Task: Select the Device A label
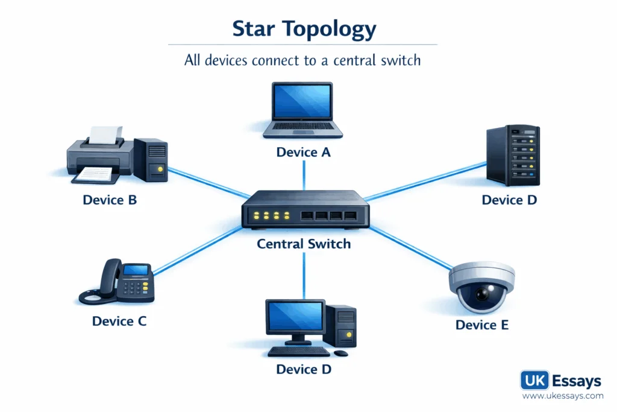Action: (303, 153)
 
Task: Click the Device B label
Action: (110, 200)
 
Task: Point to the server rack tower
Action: (513, 155)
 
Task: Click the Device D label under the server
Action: (509, 200)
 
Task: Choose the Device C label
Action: (119, 321)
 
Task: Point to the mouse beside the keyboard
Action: (341, 353)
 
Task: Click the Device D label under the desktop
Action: (303, 369)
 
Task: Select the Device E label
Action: (482, 325)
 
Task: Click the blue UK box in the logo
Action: (534, 381)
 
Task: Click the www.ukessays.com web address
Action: (562, 396)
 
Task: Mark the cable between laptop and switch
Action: (304, 175)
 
